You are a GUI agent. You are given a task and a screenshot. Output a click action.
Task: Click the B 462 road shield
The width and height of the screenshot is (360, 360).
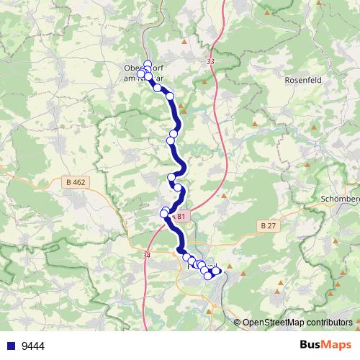tap(74, 182)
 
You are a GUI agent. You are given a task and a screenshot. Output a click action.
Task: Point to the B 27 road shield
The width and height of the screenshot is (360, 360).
tap(268, 225)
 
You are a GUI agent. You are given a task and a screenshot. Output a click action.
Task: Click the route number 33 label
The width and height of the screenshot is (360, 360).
tap(210, 63)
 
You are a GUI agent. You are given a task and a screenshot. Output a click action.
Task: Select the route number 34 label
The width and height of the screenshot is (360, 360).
tap(148, 254)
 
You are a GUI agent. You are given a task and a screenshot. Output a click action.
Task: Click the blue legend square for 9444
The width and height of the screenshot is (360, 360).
tap(11, 346)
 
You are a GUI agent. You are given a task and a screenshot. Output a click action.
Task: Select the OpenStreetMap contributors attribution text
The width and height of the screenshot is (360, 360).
tap(297, 322)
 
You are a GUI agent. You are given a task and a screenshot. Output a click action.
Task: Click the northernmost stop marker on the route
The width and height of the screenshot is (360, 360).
tap(148, 63)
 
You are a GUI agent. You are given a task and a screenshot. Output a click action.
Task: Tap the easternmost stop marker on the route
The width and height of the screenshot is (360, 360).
tap(217, 271)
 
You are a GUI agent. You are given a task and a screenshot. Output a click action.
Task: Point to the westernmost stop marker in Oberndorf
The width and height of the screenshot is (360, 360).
tap(141, 74)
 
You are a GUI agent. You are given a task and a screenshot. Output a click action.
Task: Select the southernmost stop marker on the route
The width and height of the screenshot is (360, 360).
tap(208, 276)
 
